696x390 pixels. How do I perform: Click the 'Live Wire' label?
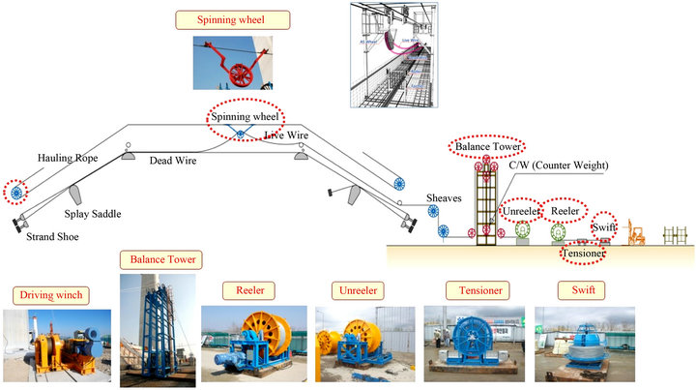coord(286,136)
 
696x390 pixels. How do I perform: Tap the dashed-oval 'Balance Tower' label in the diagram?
coord(488,147)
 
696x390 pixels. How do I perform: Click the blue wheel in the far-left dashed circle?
coord(15,192)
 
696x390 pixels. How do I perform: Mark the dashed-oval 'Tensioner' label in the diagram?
coord(584,254)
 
